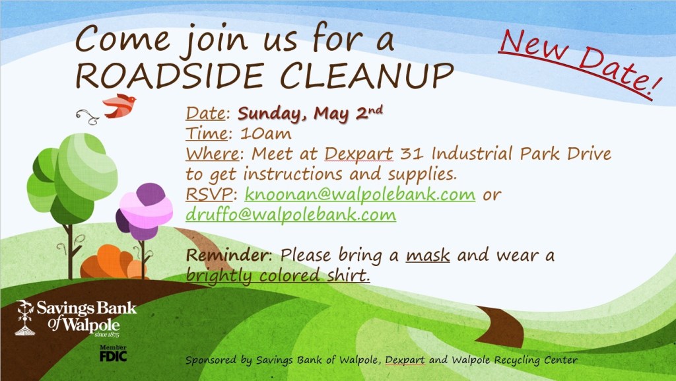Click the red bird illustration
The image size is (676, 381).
tap(119, 106)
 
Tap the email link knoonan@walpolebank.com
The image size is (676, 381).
tap(360, 194)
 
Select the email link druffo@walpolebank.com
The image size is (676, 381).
tap(290, 215)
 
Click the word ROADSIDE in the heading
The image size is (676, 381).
tap(170, 76)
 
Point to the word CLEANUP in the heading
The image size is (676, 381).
tap(367, 76)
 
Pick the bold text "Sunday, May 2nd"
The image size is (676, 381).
tap(310, 114)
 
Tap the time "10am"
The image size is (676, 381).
tap(265, 133)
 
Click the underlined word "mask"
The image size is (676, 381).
tap(428, 255)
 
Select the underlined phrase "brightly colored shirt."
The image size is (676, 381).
tap(278, 275)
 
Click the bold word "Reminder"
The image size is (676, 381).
tap(227, 255)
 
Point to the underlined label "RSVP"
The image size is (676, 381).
tap(209, 194)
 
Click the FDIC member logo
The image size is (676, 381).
tap(114, 353)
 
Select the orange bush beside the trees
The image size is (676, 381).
tap(113, 262)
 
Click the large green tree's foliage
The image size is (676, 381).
tap(72, 178)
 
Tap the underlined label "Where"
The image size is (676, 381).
tap(212, 154)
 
